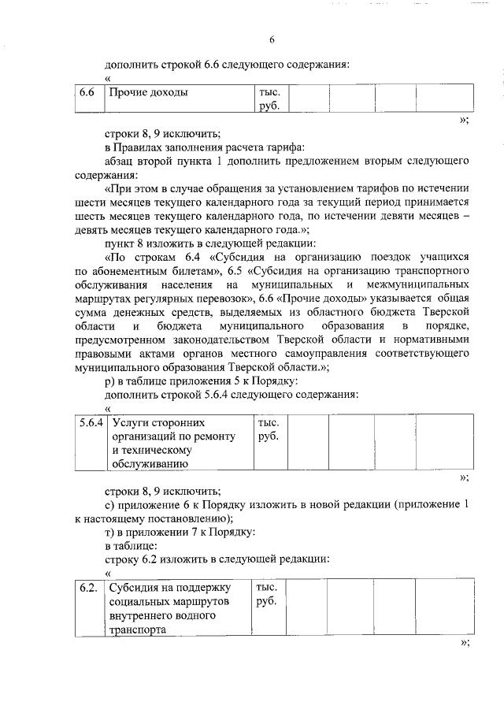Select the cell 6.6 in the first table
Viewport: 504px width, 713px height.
pos(87,93)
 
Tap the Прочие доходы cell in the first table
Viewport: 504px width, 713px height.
pos(148,93)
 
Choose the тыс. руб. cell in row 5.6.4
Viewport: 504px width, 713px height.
pos(269,429)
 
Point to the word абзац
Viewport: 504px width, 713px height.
pos(120,162)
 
